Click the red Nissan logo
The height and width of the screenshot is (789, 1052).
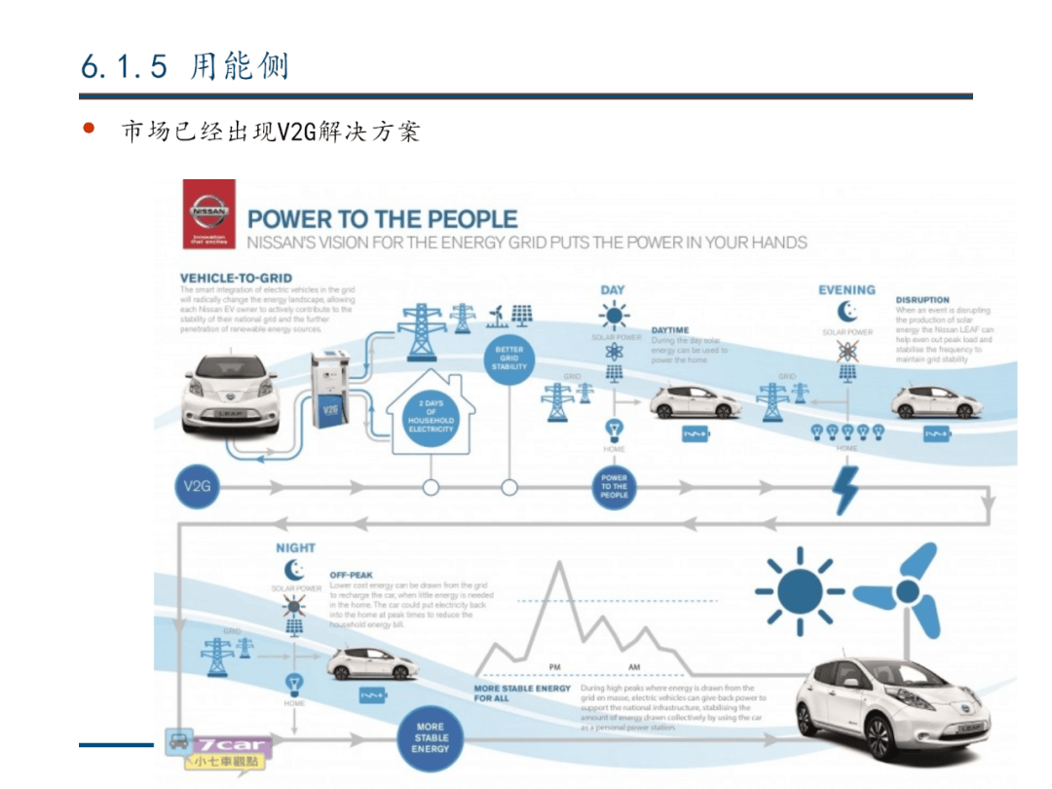pos(209,213)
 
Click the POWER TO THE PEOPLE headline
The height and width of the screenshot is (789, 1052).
pos(383,219)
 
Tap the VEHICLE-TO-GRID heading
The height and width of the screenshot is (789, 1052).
pos(236,279)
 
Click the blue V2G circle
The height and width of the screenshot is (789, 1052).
pos(197,485)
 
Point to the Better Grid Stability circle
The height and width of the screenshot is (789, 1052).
pos(508,357)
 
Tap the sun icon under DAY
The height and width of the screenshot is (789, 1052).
pos(614,316)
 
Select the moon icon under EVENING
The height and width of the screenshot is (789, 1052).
pos(847,312)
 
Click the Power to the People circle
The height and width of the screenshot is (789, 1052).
pos(614,486)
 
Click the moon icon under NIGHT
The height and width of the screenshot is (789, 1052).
pos(294,571)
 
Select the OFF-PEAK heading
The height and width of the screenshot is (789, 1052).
pos(352,576)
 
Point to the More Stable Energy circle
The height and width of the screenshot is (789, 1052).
pos(431,737)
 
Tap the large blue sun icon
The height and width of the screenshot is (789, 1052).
pos(800,588)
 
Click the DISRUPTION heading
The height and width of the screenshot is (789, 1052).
pos(922,300)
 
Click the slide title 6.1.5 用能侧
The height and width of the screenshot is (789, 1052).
pos(185,66)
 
